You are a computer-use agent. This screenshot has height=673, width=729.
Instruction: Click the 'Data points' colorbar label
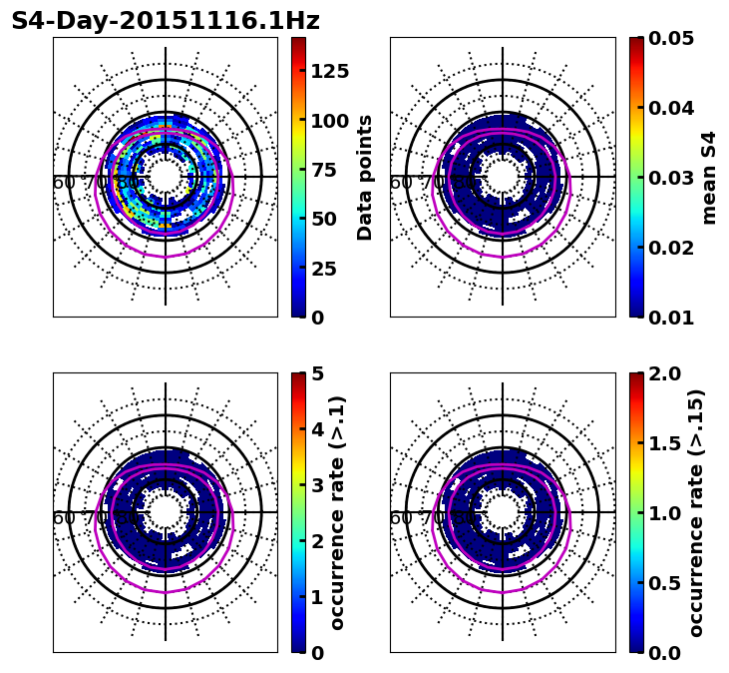pyautogui.click(x=365, y=177)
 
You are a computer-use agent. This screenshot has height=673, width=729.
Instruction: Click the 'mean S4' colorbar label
pyautogui.click(x=709, y=177)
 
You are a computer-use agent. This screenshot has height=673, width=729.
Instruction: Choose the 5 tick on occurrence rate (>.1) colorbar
pyautogui.click(x=318, y=373)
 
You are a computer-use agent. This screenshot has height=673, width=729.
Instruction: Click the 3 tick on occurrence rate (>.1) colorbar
pyautogui.click(x=318, y=485)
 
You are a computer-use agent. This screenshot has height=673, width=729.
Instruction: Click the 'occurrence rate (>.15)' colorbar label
pyautogui.click(x=696, y=512)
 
